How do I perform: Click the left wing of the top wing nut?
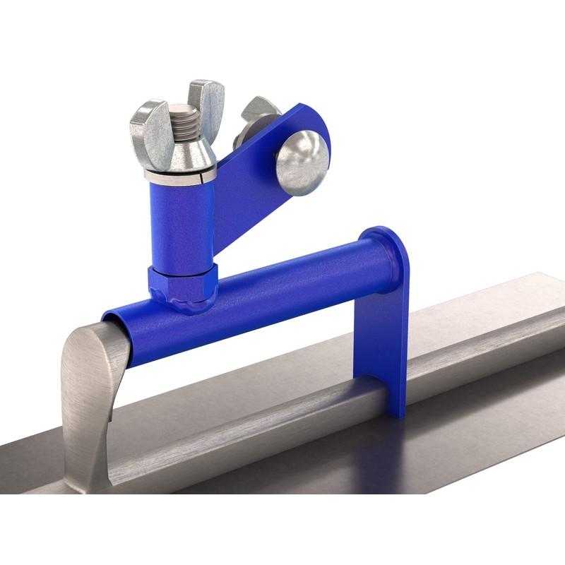(x=146, y=124)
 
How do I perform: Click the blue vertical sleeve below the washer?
(x=179, y=219)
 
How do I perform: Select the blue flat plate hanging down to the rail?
(x=381, y=339)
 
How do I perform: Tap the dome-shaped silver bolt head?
(x=302, y=161)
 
